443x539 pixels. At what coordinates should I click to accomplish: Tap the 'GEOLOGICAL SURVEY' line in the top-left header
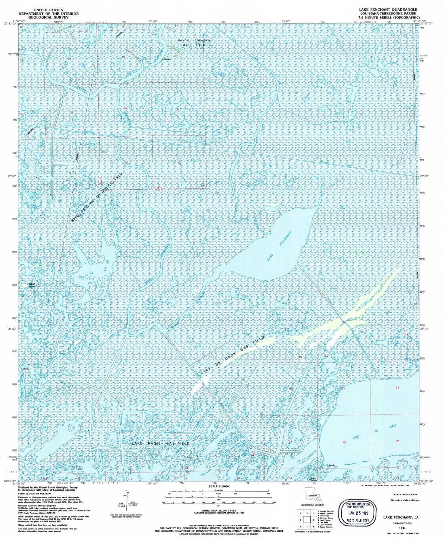(48, 17)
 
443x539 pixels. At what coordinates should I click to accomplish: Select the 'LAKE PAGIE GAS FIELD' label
(161, 443)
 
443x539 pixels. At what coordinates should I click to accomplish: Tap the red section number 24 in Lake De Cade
(397, 388)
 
